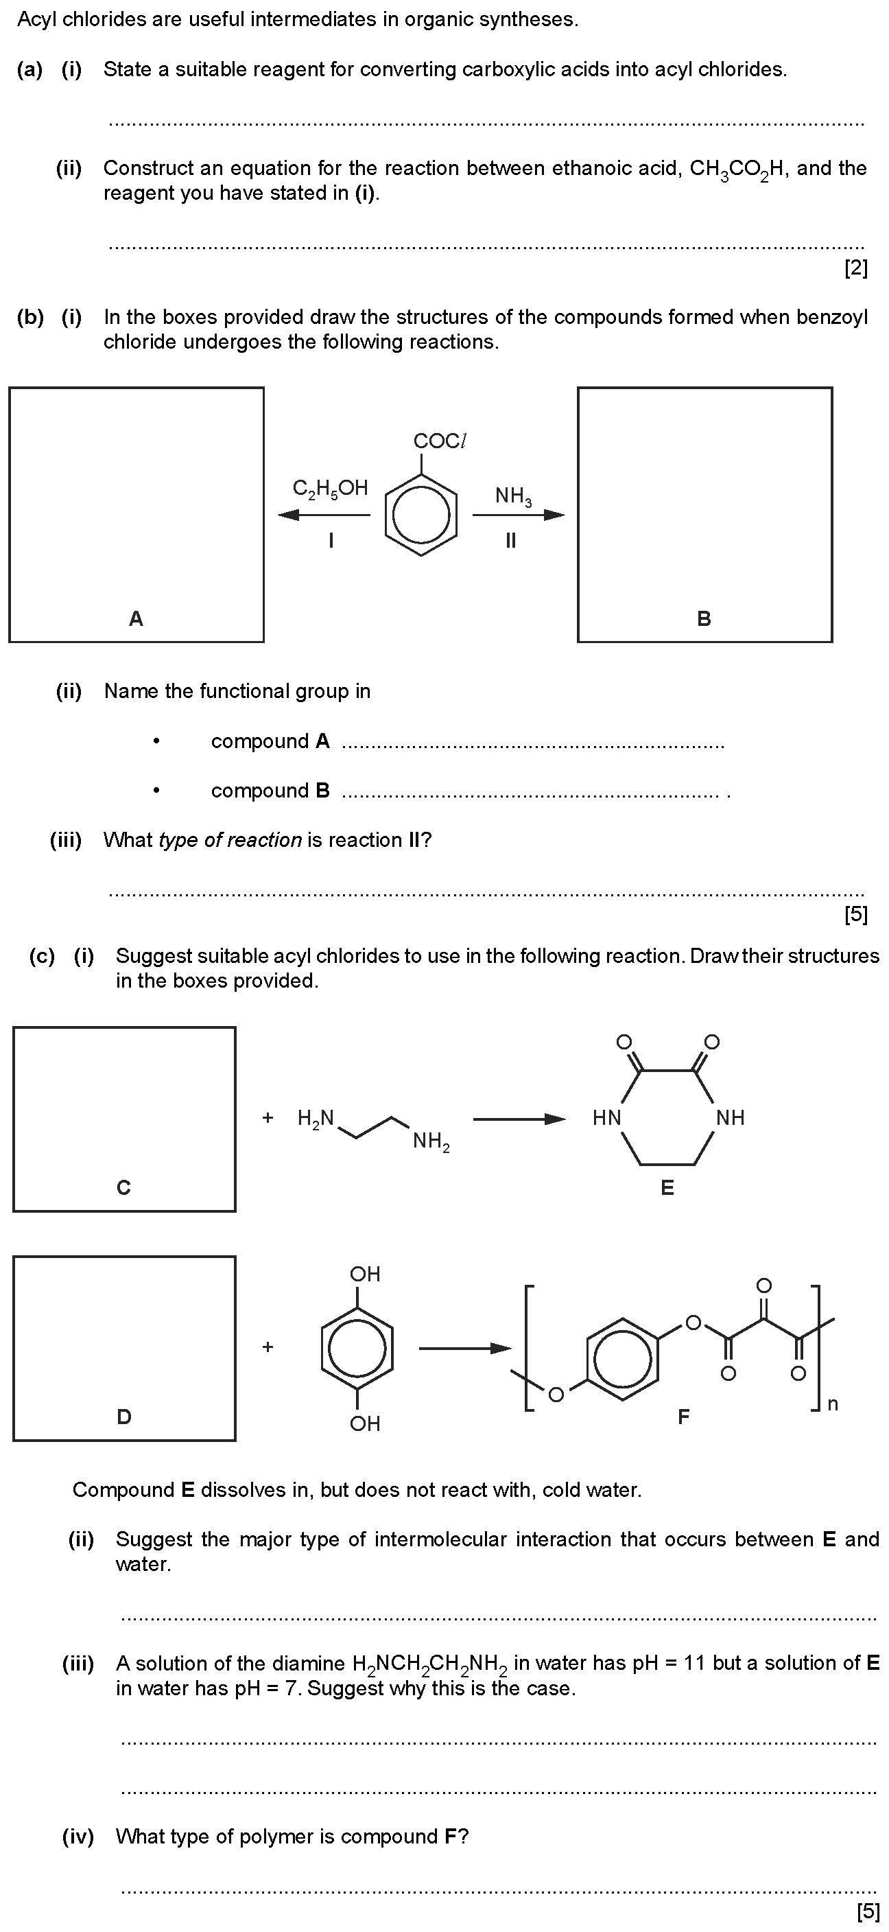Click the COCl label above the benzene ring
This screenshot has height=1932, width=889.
[x=440, y=441]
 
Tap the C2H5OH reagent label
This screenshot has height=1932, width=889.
[x=330, y=489]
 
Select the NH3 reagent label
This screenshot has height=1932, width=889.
[x=514, y=496]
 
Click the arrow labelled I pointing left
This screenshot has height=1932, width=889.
[x=324, y=515]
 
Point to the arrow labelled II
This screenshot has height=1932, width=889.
[x=519, y=515]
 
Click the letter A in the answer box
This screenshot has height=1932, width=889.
[x=136, y=619]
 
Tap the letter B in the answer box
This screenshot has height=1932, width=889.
[x=704, y=619]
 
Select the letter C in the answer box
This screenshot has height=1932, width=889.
[x=123, y=1187]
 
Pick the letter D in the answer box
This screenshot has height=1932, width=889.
[x=123, y=1416]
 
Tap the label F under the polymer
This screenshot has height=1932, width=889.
[x=683, y=1416]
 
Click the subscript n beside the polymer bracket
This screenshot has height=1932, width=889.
[x=833, y=1405]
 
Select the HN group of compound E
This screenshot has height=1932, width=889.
[x=606, y=1117]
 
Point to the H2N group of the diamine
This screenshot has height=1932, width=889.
[x=316, y=1118]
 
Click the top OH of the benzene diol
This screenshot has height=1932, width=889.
[x=365, y=1275]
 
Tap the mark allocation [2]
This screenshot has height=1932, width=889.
[x=856, y=268]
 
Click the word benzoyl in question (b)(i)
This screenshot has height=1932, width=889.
[x=832, y=317]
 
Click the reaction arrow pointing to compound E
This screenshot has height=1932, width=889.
[x=519, y=1119]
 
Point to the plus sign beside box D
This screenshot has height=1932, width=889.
[x=268, y=1347]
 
